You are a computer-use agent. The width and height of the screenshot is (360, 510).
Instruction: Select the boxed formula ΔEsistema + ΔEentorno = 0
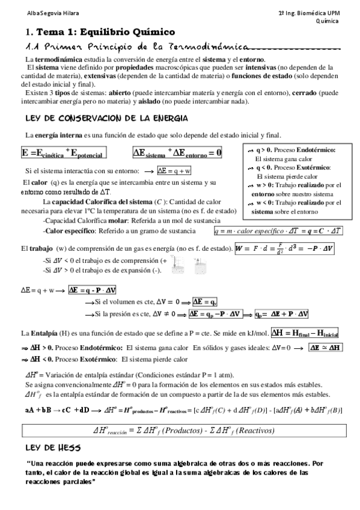tap(178, 153)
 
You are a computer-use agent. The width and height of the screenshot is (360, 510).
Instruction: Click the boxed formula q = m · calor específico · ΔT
tap(278, 230)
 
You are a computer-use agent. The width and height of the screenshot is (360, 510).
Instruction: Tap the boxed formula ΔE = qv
tap(205, 301)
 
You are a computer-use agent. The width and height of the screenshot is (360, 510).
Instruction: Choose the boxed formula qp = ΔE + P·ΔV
tap(282, 314)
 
